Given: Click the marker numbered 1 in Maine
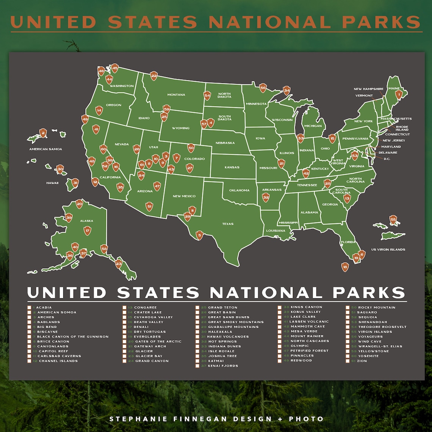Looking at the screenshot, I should [x=398, y=94].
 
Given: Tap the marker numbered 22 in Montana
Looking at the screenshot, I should [x=154, y=76].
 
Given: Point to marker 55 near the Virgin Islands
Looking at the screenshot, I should [x=393, y=220].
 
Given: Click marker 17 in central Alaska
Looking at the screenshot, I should [x=88, y=230].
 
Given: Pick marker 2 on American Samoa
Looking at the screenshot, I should [x=43, y=133].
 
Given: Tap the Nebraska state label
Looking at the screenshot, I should [x=225, y=143].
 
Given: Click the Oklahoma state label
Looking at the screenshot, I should [x=239, y=190].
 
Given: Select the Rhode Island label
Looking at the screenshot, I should [x=402, y=128].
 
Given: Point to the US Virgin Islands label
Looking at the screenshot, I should [x=388, y=249].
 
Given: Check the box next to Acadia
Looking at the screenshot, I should [x=29, y=307].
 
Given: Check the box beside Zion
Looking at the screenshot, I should [x=347, y=361].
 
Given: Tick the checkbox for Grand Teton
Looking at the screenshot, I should [x=197, y=307].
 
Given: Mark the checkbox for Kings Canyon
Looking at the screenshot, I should [x=280, y=307].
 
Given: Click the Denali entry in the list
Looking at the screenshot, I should [x=141, y=327].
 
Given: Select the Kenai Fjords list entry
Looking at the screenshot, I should [x=223, y=366].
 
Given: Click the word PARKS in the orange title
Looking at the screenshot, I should [x=382, y=22].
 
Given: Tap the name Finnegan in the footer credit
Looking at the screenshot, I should [x=205, y=419].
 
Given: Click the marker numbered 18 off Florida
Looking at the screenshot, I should [x=345, y=267].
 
